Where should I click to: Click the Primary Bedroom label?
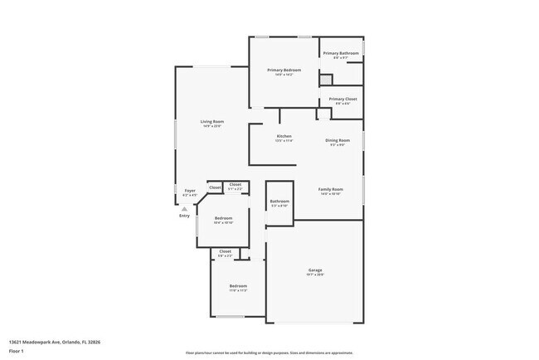284,71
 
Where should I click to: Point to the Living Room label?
212,122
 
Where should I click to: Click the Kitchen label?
284,136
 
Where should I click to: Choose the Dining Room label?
337,140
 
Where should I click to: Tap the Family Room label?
331,189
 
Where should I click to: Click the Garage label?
315,270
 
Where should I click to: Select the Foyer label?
189,191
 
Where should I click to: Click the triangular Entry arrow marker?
184,208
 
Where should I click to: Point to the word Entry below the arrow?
184,216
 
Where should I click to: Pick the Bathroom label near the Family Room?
279,202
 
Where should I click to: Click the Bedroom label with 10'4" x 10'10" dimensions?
223,218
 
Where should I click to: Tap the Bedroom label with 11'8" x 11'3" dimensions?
238,286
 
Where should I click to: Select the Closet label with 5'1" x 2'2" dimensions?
236,184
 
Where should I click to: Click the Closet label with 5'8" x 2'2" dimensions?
225,251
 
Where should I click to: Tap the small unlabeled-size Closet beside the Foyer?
214,187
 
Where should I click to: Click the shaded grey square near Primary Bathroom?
326,80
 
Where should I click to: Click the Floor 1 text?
17,351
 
